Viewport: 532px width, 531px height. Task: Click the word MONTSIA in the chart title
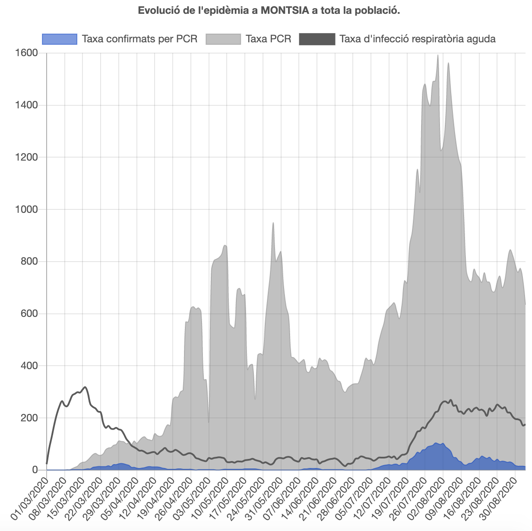coord(284,10)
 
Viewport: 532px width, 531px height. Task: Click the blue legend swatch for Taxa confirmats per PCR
coord(60,39)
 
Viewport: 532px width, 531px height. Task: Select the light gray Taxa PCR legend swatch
coord(223,39)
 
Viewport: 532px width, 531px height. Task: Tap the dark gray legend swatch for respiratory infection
coord(317,39)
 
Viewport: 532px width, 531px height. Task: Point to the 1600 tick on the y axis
coord(26,53)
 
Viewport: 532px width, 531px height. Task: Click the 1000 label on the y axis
coord(26,209)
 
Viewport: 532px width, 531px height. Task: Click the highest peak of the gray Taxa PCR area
coord(438,55)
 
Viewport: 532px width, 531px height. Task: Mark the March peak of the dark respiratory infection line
coord(85,387)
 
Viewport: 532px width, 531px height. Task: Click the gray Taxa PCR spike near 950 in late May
coord(273,223)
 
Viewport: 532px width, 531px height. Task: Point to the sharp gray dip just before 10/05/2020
coord(209,421)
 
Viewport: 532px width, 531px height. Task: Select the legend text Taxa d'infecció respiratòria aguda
coord(417,39)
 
